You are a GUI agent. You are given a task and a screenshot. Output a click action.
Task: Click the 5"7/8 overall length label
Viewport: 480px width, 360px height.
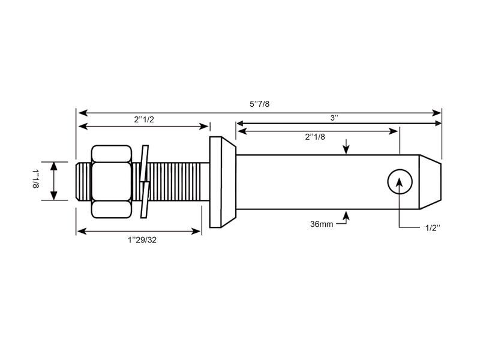point(259,104)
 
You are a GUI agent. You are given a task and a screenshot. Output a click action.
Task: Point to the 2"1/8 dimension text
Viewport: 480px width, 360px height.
point(315,136)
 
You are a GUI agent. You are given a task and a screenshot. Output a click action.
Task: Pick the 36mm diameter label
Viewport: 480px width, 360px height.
point(322,224)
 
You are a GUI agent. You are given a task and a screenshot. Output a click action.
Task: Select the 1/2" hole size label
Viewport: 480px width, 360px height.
point(432,227)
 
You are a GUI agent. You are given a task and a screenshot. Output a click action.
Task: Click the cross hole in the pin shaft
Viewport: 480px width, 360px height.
point(400,181)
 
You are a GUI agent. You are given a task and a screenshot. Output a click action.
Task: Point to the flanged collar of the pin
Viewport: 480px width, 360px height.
point(222,181)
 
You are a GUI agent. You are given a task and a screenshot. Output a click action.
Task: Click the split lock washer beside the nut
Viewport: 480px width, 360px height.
point(144,181)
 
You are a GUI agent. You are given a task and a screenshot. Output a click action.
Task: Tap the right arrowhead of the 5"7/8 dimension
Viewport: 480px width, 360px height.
point(437,112)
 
